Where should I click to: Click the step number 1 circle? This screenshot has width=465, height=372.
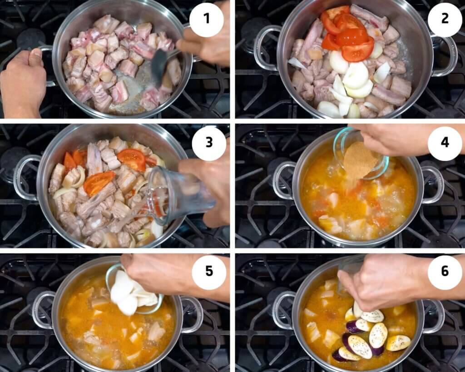[x=207, y=19]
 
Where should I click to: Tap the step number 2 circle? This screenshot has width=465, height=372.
[x=445, y=19]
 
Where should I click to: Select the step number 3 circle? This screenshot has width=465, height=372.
[x=209, y=143]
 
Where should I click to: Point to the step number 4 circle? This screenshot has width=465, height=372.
[x=445, y=143]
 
